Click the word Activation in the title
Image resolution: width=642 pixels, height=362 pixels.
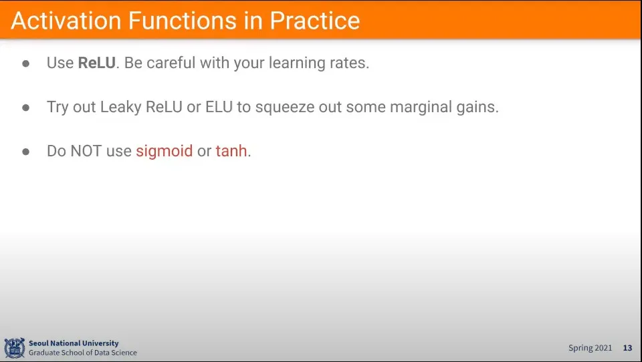66,21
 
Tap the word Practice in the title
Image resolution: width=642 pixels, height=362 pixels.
315,21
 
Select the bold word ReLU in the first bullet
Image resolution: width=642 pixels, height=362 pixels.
96,63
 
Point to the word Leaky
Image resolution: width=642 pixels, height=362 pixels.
121,107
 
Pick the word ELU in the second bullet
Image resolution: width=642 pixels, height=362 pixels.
219,107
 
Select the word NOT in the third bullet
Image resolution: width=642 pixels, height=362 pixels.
86,151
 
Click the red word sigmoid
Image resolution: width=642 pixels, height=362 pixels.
165,152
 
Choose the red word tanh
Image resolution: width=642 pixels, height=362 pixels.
231,151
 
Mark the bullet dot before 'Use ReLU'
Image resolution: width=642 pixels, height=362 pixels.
26,63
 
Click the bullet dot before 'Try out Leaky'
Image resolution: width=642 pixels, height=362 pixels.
26,108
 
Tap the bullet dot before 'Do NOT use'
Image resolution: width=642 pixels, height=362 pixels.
26,152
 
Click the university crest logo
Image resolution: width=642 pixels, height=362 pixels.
14,348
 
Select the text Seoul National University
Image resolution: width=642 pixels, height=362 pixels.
74,343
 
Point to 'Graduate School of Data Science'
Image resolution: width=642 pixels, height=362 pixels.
83,353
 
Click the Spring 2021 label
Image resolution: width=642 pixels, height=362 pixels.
590,348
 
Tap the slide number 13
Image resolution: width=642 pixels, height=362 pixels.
628,348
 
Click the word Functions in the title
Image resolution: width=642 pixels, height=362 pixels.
182,21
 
